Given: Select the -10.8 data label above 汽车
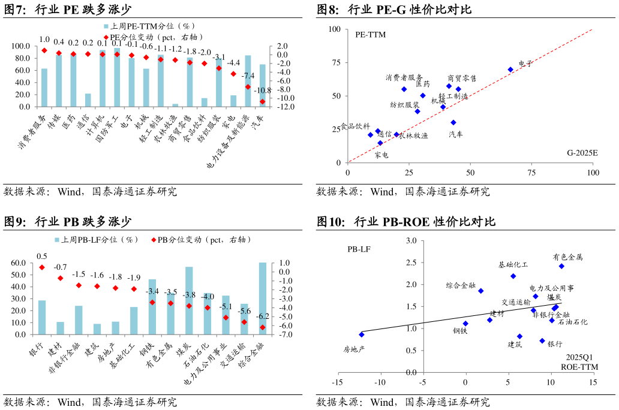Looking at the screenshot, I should coord(263,91).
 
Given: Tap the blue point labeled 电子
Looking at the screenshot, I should coord(510,70).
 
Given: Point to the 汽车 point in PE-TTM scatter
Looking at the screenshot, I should coord(453,122).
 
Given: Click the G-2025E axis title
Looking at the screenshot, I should coord(582,153).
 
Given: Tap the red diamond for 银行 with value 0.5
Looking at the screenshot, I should coord(42,267).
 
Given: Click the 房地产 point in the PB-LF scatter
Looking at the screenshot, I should coord(362,334).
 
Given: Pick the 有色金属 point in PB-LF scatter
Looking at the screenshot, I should coord(561,266).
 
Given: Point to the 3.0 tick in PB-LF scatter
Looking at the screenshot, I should coord(411,241).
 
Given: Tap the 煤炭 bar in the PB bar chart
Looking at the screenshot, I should coord(189,301).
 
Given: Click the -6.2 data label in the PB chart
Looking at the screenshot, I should coord(263,316).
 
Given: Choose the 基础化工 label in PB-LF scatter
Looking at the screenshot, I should coord(513,264).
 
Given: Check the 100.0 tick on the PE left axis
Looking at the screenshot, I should coord(22,46).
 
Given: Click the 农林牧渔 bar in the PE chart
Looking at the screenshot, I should coord(175,105).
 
